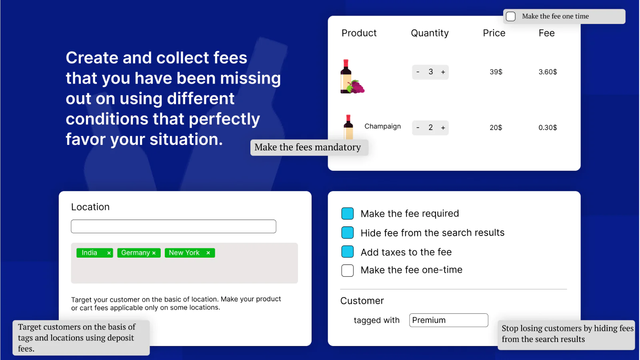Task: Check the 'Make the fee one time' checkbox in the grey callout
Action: [510, 16]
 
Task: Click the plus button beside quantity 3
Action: [443, 72]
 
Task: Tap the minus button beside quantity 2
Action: [418, 128]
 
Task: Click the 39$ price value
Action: [496, 72]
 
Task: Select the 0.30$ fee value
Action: [548, 128]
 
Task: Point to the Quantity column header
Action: [430, 33]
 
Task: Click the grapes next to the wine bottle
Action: [356, 86]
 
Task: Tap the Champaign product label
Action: [382, 126]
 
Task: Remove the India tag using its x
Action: [109, 253]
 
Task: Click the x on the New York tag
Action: [208, 253]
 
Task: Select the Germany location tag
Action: [139, 253]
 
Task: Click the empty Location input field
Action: [174, 226]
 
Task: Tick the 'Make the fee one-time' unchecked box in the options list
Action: [348, 270]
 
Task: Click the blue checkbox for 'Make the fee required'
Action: [348, 214]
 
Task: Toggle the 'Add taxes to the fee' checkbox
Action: [348, 252]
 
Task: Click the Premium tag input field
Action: [448, 320]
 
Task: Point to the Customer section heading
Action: [362, 300]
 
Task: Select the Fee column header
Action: [546, 33]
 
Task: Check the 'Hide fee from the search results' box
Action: [348, 232]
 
